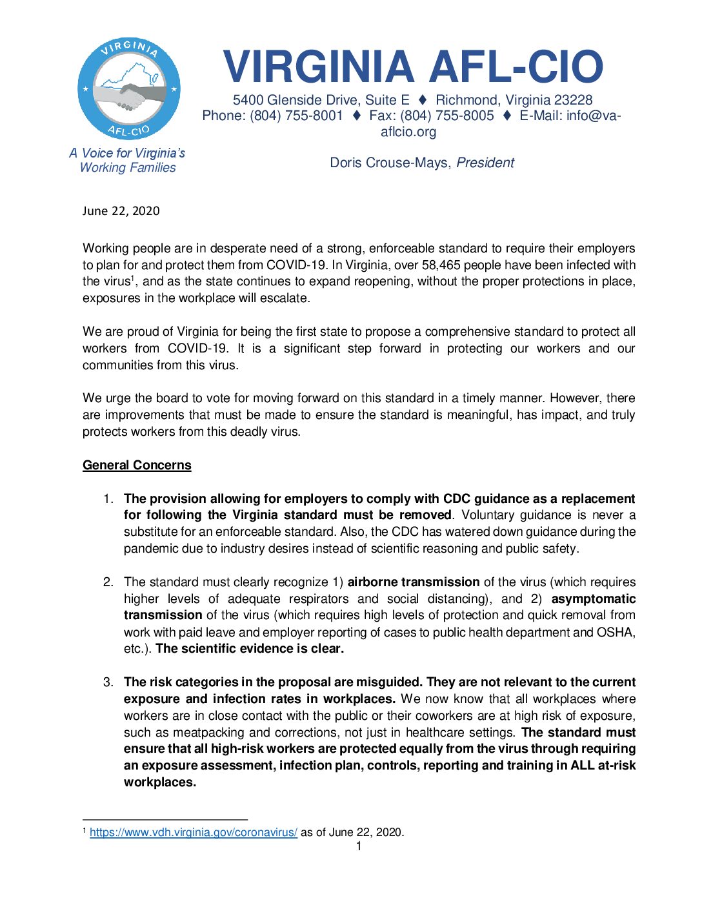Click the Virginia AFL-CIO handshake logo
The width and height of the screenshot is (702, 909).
pos(129,88)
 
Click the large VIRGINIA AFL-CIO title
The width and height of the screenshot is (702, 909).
pos(413,67)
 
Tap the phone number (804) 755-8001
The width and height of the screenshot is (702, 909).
pos(296,116)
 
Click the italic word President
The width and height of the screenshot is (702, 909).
pos(485,163)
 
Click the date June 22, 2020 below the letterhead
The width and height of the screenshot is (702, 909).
pos(121,211)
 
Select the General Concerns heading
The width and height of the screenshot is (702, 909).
pos(137,465)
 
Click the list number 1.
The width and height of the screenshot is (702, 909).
pos(108,499)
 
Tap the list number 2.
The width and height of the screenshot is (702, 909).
pos(108,582)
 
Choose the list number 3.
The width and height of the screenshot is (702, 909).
pos(108,682)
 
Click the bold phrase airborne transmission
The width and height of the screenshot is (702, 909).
pos(414,582)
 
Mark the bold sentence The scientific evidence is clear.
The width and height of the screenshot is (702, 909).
pos(250,649)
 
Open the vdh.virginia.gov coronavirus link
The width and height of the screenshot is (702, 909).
pos(194,832)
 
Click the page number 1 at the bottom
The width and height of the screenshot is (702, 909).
pos(359,846)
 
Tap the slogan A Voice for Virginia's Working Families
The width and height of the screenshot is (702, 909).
pos(128,160)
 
